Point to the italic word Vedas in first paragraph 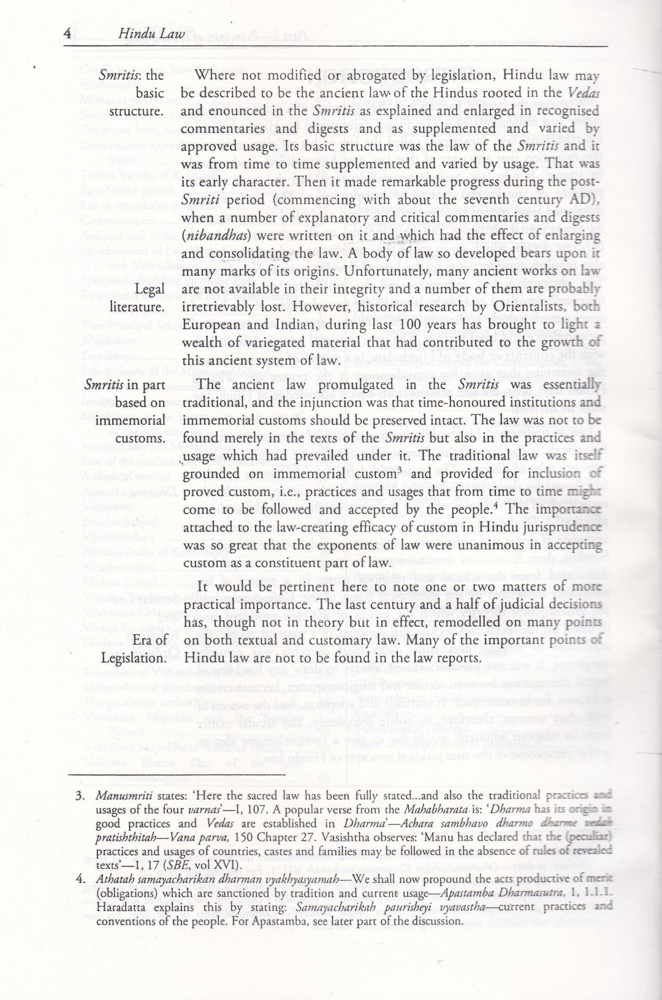click(583, 93)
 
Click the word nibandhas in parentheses click(208, 235)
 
